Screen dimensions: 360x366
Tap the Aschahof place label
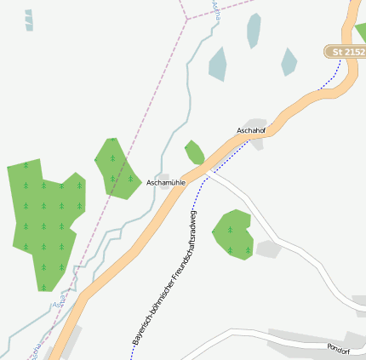(252, 130)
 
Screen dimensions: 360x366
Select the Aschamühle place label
(166, 182)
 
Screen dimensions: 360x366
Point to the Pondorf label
(338, 349)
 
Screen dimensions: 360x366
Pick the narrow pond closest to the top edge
(253, 30)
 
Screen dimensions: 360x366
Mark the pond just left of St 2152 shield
(289, 61)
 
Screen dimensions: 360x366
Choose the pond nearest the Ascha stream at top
(218, 63)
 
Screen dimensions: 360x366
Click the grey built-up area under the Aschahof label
(256, 141)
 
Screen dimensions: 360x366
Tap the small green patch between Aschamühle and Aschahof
(195, 152)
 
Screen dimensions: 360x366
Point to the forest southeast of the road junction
(232, 233)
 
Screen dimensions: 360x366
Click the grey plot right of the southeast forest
(268, 249)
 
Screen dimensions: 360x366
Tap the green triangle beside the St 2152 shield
(361, 32)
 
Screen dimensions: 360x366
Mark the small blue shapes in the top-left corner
(29, 20)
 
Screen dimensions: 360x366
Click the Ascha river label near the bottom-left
(59, 304)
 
